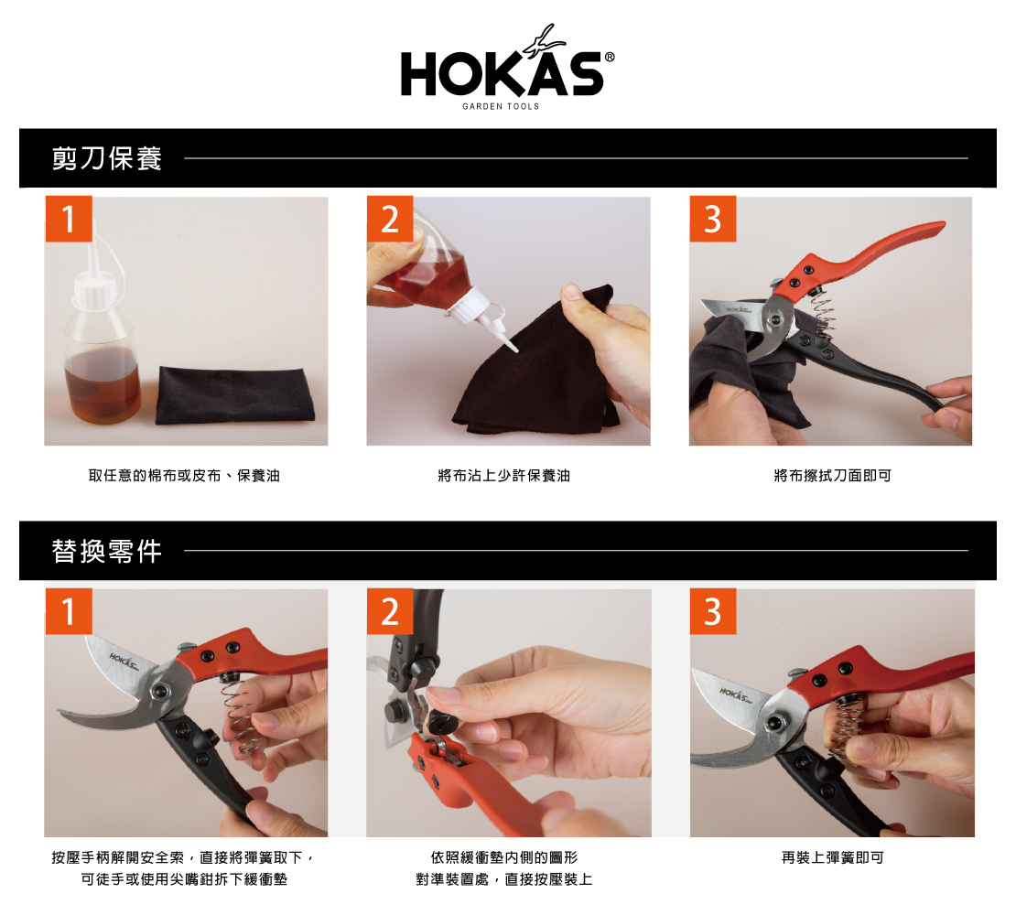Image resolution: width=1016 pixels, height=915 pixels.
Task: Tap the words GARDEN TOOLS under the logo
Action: click(x=501, y=106)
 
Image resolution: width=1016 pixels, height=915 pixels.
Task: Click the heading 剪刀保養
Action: click(x=107, y=158)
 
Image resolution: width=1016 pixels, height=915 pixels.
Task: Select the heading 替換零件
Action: click(x=107, y=551)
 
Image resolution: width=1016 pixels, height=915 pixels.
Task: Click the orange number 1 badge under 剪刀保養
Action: click(x=68, y=219)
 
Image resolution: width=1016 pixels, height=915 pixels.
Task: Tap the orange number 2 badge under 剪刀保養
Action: click(x=390, y=219)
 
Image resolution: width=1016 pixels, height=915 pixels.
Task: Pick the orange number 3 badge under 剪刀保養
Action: click(x=713, y=219)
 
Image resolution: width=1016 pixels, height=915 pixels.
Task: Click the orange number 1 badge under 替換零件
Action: click(x=68, y=611)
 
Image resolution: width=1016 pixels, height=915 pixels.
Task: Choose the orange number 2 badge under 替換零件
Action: click(x=390, y=611)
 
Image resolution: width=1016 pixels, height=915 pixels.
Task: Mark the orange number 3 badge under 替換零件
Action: click(x=713, y=611)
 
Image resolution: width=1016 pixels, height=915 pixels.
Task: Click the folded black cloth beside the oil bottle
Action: click(x=235, y=395)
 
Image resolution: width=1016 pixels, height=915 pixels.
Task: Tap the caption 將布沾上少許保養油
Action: click(x=504, y=476)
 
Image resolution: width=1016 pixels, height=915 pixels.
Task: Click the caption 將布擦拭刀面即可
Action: click(x=833, y=476)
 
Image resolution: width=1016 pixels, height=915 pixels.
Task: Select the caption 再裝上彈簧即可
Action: click(x=833, y=858)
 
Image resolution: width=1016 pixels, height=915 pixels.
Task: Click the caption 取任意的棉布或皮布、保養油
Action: click(x=184, y=476)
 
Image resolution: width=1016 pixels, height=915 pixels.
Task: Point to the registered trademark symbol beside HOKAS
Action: click(x=609, y=57)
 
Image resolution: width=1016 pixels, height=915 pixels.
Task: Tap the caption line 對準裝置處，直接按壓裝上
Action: click(x=504, y=879)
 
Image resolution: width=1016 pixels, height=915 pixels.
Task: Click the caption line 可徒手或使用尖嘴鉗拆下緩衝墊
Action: click(x=184, y=879)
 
